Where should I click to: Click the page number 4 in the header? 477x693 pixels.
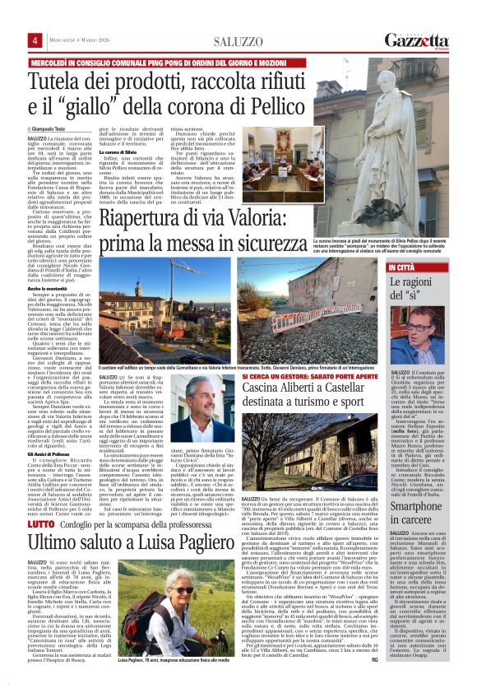click(x=35, y=40)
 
